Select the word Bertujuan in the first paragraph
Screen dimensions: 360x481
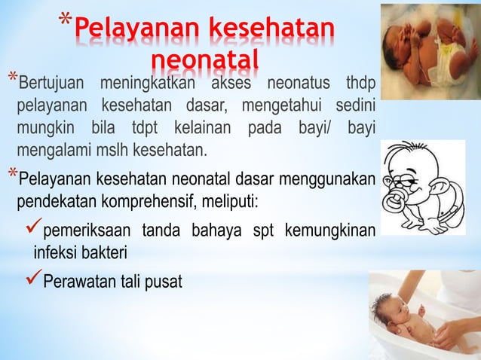click(x=47, y=81)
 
